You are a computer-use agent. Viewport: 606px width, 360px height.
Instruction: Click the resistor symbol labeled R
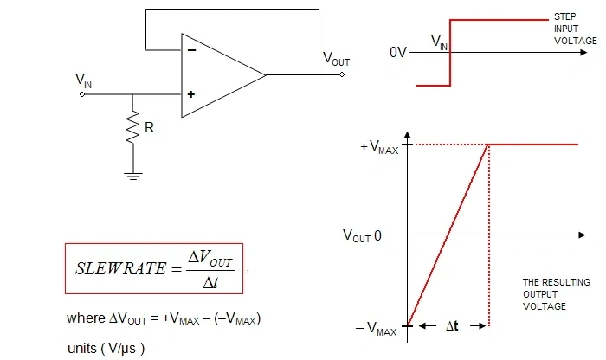click(x=133, y=127)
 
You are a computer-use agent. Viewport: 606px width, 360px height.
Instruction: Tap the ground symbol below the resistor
click(x=133, y=177)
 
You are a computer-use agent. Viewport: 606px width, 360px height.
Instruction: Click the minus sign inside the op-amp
click(x=191, y=50)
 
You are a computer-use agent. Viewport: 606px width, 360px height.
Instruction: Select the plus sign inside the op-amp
click(x=191, y=94)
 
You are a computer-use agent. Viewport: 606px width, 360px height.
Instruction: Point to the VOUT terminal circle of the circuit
click(x=342, y=74)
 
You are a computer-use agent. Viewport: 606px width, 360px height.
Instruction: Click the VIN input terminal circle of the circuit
click(x=82, y=94)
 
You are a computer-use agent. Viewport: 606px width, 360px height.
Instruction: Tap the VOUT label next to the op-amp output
click(x=336, y=59)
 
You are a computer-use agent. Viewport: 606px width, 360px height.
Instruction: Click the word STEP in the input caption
click(x=565, y=16)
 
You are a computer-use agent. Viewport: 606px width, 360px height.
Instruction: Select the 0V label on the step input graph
click(x=398, y=52)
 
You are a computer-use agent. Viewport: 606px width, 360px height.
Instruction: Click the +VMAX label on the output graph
click(x=379, y=147)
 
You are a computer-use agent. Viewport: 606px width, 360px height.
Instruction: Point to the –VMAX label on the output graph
click(x=376, y=329)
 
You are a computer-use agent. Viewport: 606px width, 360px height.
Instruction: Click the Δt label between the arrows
click(x=452, y=326)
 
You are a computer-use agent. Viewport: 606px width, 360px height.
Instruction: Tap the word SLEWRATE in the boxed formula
click(x=120, y=269)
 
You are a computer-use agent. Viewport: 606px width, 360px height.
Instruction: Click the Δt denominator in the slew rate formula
click(x=210, y=283)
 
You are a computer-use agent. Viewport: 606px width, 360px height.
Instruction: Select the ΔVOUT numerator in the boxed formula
click(x=210, y=259)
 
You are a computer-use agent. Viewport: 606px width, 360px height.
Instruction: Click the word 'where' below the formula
click(x=86, y=318)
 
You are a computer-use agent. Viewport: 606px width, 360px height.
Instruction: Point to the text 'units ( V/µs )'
click(x=106, y=349)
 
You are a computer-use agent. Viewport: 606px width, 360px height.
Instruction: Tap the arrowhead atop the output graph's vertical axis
click(x=408, y=135)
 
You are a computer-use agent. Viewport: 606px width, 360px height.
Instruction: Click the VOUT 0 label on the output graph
click(x=362, y=235)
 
